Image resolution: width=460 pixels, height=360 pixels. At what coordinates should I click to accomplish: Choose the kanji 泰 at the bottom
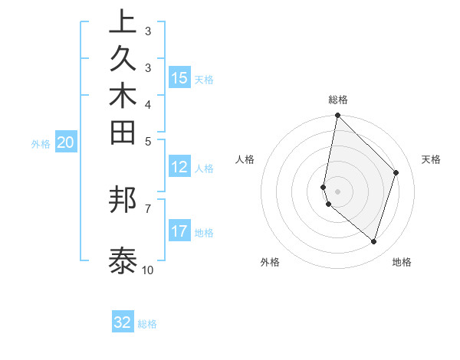123,260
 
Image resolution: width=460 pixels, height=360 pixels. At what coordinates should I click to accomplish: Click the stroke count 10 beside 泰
147,270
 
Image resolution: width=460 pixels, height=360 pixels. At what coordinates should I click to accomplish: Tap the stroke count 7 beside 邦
147,208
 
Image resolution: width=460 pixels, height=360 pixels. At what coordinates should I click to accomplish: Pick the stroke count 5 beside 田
147,141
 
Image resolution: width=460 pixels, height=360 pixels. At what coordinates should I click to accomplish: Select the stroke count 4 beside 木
147,103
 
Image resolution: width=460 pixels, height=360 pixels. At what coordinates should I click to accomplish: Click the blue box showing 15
179,78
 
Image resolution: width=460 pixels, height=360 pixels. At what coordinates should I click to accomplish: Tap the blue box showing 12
179,167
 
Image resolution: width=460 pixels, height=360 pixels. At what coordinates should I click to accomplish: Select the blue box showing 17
179,231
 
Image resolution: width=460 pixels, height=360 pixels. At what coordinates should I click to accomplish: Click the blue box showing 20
66,142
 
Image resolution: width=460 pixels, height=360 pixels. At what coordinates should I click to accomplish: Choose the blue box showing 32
123,322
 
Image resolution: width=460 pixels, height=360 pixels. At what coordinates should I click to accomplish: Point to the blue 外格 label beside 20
41,143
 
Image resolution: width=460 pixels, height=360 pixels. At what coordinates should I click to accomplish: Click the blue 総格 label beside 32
147,324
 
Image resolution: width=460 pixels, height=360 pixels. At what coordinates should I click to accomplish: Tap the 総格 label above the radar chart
338,100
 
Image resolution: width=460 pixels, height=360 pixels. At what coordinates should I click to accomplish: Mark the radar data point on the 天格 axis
396,172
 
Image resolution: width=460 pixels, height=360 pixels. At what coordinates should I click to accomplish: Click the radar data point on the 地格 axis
373,241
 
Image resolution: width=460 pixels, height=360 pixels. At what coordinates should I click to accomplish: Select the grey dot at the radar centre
337,191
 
